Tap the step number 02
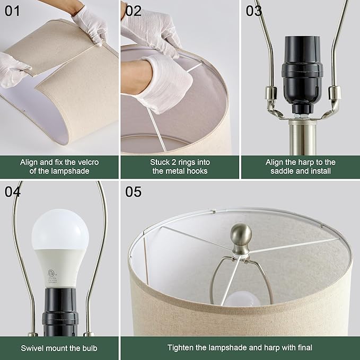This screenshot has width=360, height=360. (134, 11)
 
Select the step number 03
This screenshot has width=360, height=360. (254, 11)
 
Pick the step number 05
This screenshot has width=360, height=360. (134, 191)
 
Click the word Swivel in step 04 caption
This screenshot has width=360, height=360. (33, 348)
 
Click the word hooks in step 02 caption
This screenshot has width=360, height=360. (197, 171)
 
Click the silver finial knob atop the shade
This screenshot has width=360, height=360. (241, 235)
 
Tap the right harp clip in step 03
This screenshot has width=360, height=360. (333, 96)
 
